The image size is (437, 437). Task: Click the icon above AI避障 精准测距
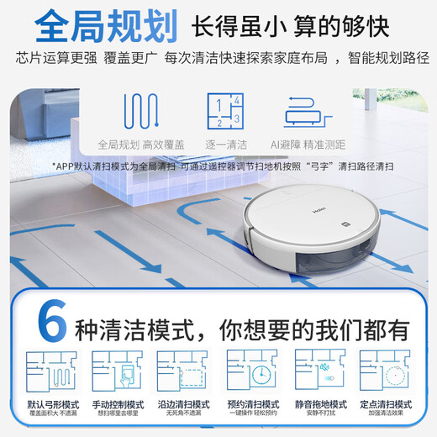click(305, 111)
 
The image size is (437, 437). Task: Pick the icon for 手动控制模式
click(115, 376)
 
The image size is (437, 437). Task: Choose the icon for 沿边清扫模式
click(181, 376)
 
